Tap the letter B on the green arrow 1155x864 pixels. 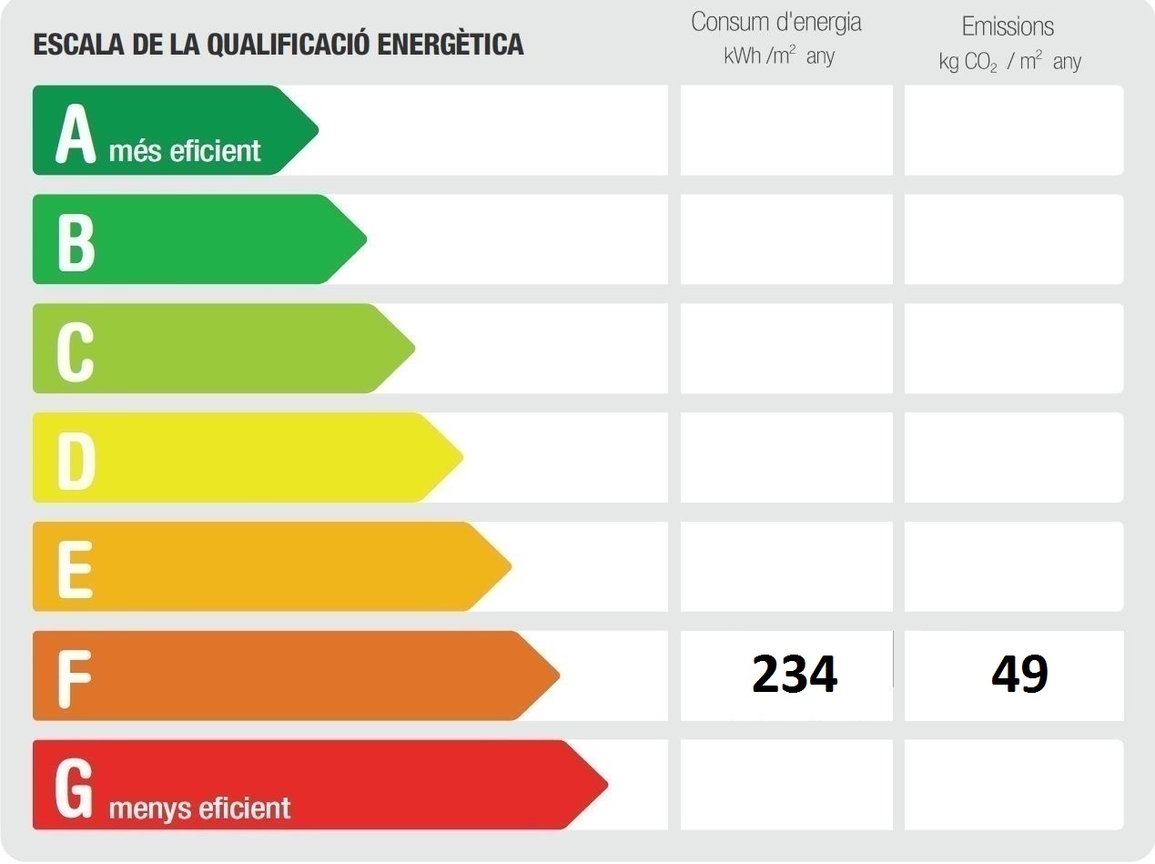[76, 242]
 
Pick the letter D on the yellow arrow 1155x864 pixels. [76, 461]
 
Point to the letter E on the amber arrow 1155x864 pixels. [75, 570]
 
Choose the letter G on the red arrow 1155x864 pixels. [76, 788]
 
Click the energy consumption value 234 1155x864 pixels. [795, 675]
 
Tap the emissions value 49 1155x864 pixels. [1020, 675]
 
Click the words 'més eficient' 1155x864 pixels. [185, 150]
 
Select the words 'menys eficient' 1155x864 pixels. [199, 808]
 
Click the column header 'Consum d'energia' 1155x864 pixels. [776, 23]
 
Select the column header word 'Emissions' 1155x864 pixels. [1008, 26]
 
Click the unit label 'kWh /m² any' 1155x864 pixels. [779, 56]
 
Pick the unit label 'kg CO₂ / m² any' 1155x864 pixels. [1009, 62]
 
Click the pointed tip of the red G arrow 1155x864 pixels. [606, 785]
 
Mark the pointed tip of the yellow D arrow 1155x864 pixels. [462, 457]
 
